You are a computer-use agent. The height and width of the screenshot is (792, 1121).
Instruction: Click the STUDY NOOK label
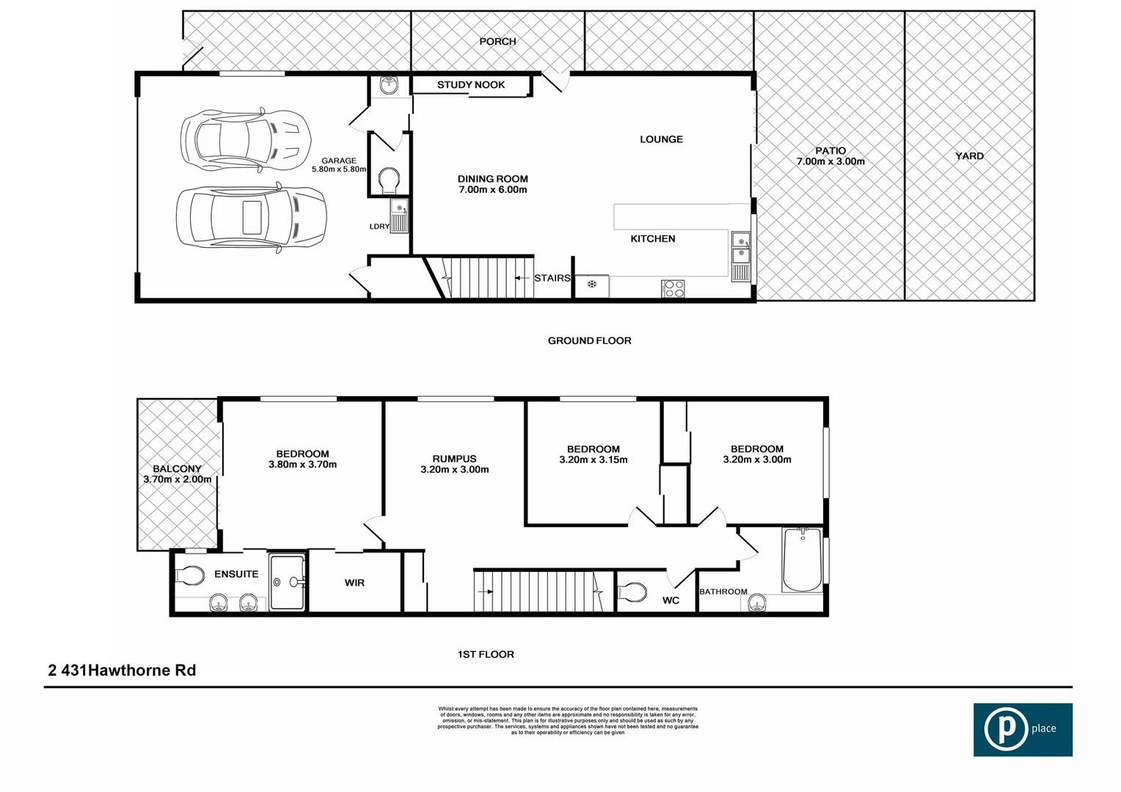471,85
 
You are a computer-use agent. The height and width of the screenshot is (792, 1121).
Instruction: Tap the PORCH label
497,42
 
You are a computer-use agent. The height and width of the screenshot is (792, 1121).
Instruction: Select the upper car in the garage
246,140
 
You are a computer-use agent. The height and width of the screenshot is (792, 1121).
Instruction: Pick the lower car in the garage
250,218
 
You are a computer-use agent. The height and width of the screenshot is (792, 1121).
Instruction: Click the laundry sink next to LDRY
398,216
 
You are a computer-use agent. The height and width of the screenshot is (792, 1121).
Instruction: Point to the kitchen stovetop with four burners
673,288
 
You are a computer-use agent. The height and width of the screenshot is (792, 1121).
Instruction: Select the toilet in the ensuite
190,576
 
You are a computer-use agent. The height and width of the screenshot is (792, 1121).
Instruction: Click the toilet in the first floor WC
632,591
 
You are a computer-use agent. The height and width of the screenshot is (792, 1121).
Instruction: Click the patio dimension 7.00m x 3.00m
830,161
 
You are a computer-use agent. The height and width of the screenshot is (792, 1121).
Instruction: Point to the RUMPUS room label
454,459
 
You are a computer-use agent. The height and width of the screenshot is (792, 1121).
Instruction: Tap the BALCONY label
177,469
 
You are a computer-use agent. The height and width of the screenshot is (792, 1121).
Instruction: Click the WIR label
354,583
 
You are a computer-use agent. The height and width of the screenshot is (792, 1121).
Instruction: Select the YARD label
969,156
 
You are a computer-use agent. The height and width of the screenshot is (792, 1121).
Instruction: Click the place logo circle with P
1005,730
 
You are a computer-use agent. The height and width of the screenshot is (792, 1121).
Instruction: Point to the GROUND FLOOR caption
589,341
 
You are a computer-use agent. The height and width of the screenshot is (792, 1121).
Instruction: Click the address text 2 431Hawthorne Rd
122,670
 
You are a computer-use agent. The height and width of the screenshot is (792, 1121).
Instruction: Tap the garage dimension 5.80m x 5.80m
338,169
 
